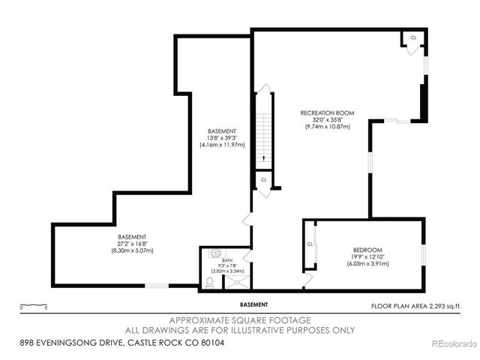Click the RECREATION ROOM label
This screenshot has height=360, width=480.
click(328, 113)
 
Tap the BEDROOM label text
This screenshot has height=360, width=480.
click(367, 249)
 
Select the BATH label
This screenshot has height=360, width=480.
click(217, 260)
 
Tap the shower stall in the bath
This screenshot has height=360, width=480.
click(238, 281)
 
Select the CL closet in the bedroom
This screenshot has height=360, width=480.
click(310, 244)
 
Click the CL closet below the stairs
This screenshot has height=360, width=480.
click(263, 181)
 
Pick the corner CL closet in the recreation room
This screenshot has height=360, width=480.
click(413, 38)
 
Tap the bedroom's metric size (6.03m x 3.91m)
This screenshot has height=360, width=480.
click(367, 263)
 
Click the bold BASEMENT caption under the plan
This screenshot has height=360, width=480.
click(254, 304)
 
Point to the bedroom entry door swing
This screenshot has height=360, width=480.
click(307, 280)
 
